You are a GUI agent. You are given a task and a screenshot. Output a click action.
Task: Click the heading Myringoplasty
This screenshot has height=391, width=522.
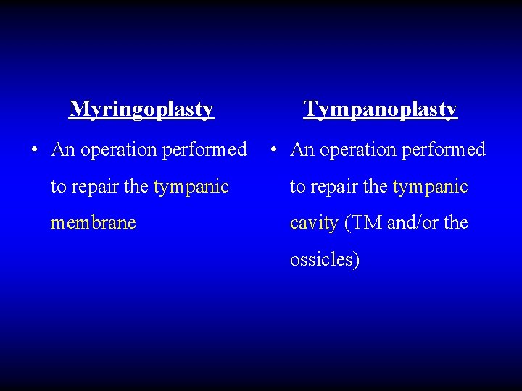pos(141,109)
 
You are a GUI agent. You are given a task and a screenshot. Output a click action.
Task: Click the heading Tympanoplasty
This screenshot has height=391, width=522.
pos(381,109)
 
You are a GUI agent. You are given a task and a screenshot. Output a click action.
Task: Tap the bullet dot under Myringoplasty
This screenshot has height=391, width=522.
pos(35,151)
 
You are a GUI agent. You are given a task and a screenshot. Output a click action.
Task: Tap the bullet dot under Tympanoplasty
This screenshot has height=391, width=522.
pos(273,151)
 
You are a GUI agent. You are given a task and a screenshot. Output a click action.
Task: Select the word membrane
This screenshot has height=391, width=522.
pos(93,223)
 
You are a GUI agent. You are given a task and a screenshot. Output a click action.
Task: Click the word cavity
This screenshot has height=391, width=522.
pos(314,223)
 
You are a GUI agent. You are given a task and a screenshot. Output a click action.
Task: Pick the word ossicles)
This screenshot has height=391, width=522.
pos(324,259)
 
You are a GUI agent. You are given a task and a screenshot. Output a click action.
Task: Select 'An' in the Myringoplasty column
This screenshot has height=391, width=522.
pos(63,150)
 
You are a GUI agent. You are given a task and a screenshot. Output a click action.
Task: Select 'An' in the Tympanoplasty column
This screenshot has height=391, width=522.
pos(302,150)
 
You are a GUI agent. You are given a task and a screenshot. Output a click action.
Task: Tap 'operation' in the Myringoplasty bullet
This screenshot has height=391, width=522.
pos(118,151)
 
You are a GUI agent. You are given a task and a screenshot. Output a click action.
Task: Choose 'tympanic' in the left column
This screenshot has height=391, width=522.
pos(191,188)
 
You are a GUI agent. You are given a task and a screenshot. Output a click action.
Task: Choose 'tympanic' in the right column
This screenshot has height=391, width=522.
pos(430,188)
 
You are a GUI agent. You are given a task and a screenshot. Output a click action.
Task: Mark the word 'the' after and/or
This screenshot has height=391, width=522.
pos(455,223)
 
